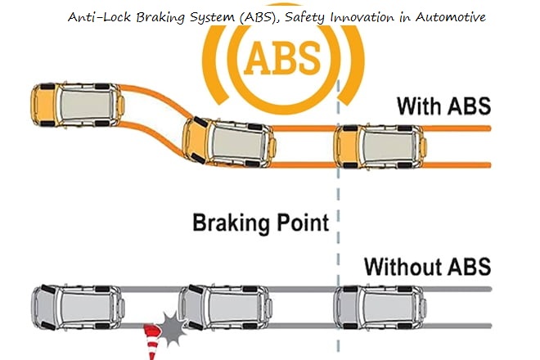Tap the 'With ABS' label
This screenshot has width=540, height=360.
pyautogui.click(x=443, y=106)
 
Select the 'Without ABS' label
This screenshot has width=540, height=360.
pyautogui.click(x=426, y=266)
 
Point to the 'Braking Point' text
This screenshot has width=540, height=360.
pyautogui.click(x=260, y=222)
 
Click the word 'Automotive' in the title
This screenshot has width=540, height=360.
pyautogui.click(x=448, y=16)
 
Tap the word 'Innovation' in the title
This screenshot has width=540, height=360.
pyautogui.click(x=366, y=16)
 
